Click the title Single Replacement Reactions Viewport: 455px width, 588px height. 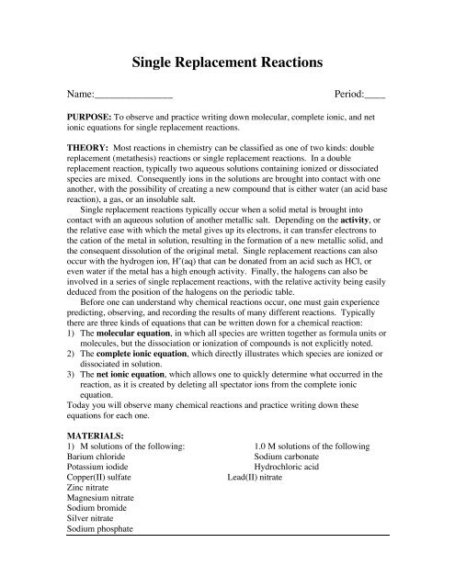tap(227, 63)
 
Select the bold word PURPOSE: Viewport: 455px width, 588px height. tap(89, 120)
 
